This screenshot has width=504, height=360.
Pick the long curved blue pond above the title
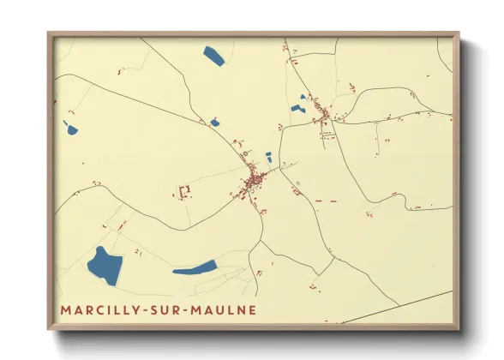195,268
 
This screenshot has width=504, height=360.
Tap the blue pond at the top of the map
213,57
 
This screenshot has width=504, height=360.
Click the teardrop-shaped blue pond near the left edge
70,129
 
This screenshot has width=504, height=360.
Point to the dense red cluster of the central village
255,181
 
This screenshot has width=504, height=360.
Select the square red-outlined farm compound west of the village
183,190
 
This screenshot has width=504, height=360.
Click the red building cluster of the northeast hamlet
326,112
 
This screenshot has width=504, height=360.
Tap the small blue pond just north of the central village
268,157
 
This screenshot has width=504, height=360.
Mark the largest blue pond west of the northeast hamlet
297,109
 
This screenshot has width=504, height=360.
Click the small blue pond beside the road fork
214,123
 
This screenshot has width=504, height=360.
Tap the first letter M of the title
65,309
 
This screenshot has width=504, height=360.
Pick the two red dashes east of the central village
324,201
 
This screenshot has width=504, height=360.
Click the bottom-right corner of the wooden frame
459,328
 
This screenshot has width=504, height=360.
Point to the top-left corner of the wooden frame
49,33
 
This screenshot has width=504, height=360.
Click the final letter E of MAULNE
250,309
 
